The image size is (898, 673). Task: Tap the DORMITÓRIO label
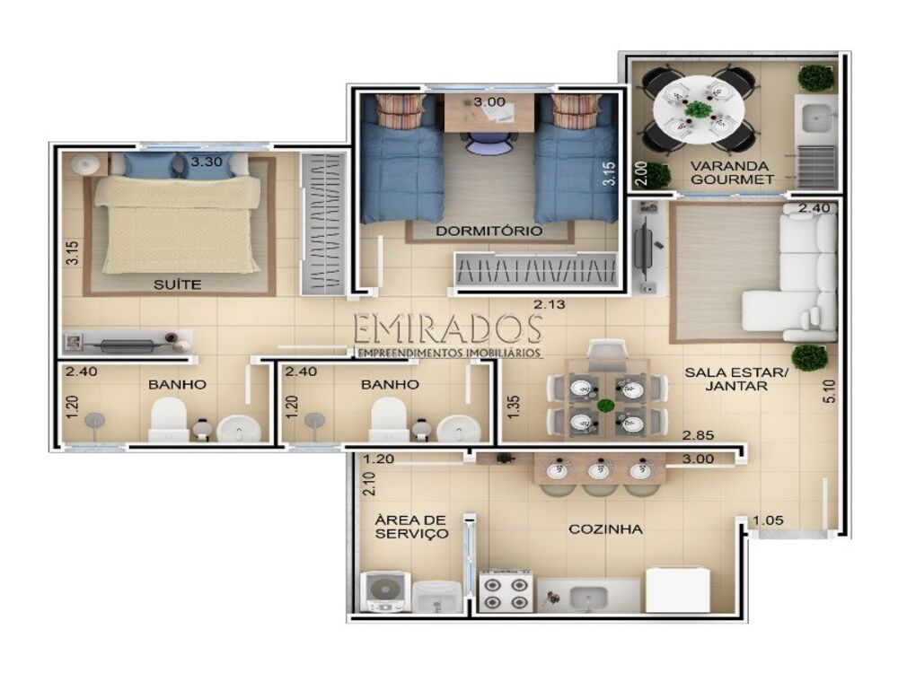click(x=489, y=231)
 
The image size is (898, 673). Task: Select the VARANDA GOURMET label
click(x=731, y=172)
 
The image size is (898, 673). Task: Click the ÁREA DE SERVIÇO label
click(x=410, y=527)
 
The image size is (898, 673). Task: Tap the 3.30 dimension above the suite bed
click(x=207, y=162)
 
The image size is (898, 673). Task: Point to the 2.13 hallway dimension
click(x=550, y=305)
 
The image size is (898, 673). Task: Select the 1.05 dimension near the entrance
click(x=769, y=520)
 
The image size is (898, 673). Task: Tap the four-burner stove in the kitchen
click(x=507, y=593)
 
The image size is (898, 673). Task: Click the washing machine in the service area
click(x=385, y=592)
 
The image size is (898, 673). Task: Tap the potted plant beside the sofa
click(x=810, y=356)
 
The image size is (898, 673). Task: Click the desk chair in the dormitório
click(x=487, y=144)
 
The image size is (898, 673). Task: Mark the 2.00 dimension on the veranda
click(x=639, y=170)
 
